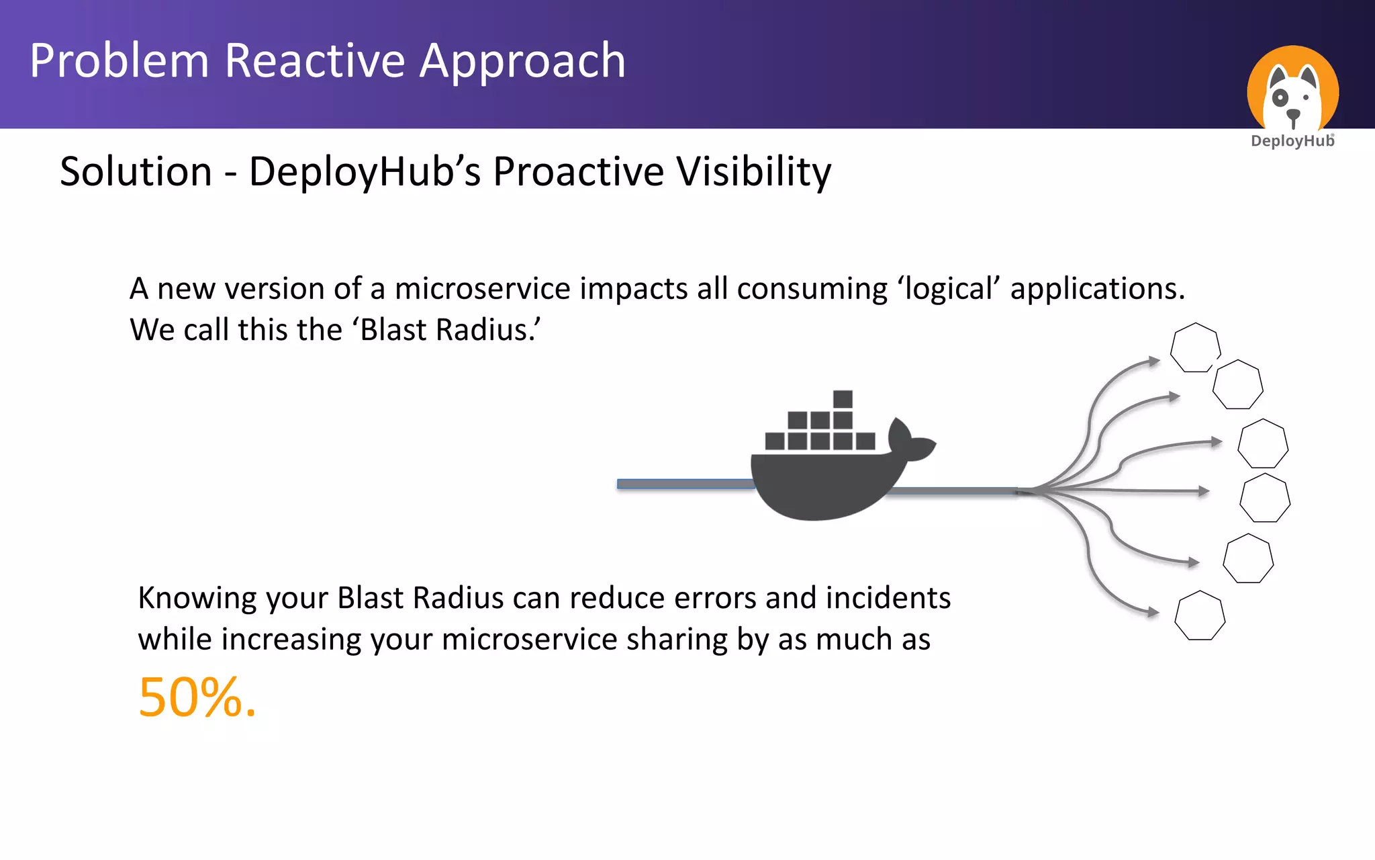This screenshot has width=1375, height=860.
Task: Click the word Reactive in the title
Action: tap(316, 61)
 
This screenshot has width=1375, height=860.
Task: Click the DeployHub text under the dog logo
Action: tap(1292, 141)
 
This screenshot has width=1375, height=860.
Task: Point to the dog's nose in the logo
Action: tap(1293, 115)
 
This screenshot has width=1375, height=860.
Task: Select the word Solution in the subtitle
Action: tap(136, 171)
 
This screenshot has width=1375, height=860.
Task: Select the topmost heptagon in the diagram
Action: tap(1195, 347)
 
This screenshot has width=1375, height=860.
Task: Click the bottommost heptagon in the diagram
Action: tap(1200, 615)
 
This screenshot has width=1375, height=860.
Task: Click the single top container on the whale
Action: tap(843, 399)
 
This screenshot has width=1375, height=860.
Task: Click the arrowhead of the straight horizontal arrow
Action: tap(1204, 491)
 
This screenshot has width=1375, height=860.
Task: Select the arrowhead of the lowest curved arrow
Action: tap(1153, 612)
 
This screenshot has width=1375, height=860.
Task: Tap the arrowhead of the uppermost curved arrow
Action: tap(1155, 361)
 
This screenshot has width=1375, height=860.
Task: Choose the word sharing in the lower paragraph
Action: tap(677, 640)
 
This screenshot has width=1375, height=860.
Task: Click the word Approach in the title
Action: tap(522, 61)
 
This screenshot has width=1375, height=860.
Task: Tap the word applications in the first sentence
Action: tap(1097, 289)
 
